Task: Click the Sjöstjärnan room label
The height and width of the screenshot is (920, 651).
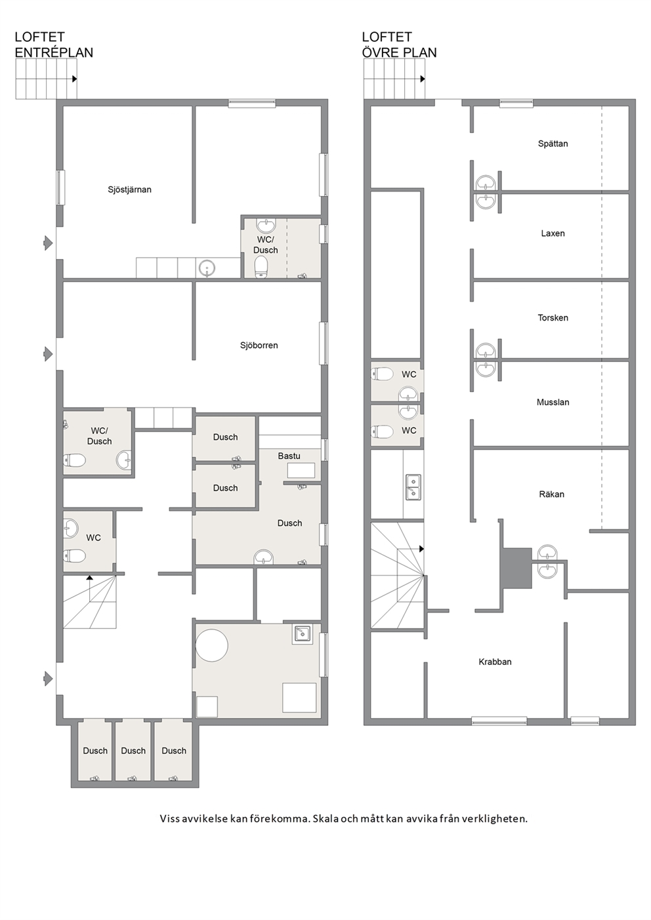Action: pos(129,190)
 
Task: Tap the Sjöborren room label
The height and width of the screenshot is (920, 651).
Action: pos(259,346)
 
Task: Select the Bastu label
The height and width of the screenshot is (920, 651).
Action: pos(289,456)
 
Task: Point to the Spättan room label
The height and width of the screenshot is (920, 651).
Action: pos(553,144)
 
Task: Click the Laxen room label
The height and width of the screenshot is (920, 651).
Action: pos(553,233)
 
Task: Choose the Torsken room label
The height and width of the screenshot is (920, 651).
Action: pos(553,318)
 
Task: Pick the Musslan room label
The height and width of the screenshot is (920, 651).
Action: pos(553,403)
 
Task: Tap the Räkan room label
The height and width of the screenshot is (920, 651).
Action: pos(551,494)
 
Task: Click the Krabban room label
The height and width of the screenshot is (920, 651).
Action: pos(495,662)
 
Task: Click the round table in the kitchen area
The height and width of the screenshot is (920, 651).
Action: pos(212,645)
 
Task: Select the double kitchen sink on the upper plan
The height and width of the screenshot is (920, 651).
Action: pos(413,487)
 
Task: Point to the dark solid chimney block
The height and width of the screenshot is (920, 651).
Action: pos(516,568)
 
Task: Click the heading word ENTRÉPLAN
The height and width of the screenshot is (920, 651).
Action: pos(54,52)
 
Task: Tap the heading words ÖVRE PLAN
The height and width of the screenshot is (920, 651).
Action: pos(399,52)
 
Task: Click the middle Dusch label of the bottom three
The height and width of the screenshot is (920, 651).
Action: pos(133,751)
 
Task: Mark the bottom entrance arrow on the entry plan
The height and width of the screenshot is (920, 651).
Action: pos(49,679)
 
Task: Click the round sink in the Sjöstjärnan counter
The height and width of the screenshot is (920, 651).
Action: pos(207,269)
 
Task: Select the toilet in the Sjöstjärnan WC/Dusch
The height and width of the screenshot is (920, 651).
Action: pos(262,267)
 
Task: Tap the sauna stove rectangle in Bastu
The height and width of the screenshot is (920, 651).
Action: pos(301,470)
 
